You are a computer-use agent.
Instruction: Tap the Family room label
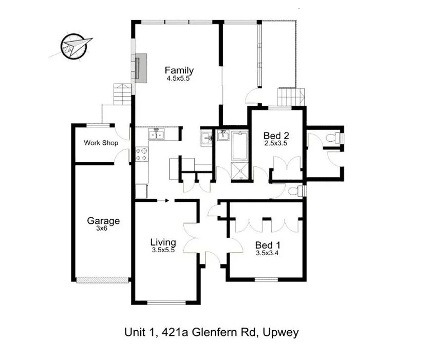pyautogui.click(x=179, y=70)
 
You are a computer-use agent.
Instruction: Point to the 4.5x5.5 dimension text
pyautogui.click(x=178, y=79)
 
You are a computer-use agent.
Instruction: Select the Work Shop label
pyautogui.click(x=101, y=143)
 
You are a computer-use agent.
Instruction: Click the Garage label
pyautogui.click(x=103, y=221)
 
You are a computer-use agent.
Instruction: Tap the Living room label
pyautogui.click(x=163, y=242)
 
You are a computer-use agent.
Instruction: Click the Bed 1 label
pyautogui.click(x=267, y=245)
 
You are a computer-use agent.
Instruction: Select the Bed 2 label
pyautogui.click(x=276, y=136)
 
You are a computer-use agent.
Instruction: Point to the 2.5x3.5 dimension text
pyautogui.click(x=276, y=144)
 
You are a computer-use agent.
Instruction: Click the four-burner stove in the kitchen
pyautogui.click(x=141, y=154)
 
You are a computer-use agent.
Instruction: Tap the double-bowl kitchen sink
pyautogui.click(x=156, y=136)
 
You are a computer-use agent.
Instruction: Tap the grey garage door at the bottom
pyautogui.click(x=102, y=280)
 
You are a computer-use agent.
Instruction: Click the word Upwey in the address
pyautogui.click(x=280, y=332)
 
